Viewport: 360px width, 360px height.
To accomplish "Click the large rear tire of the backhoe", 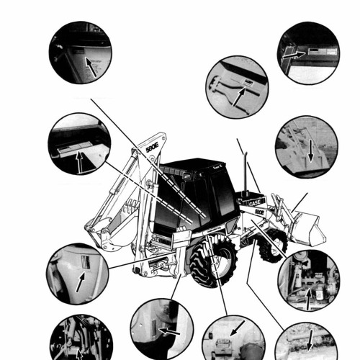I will (214, 261).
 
